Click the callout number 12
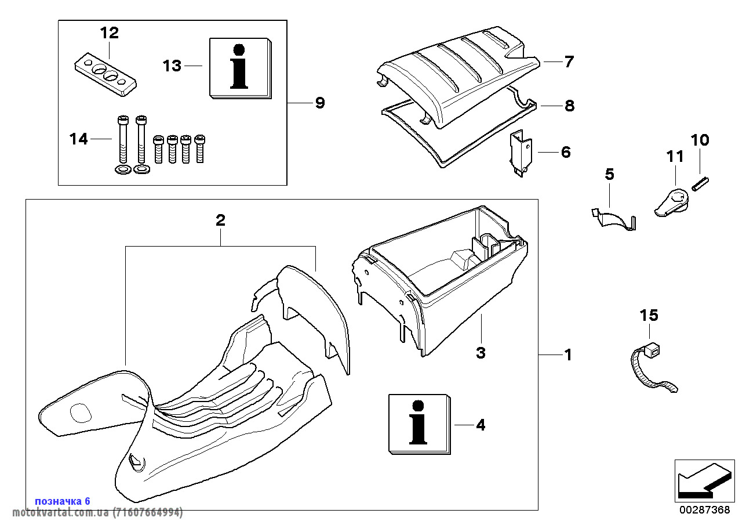109,33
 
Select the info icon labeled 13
240,67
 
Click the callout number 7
569,61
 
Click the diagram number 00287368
705,510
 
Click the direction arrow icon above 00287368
702,480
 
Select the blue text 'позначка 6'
63,501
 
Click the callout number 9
319,103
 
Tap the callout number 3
481,352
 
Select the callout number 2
220,220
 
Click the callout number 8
569,106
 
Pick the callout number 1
568,355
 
